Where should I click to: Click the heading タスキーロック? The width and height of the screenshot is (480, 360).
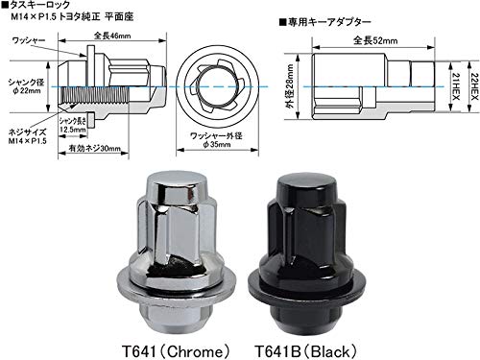43,7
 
